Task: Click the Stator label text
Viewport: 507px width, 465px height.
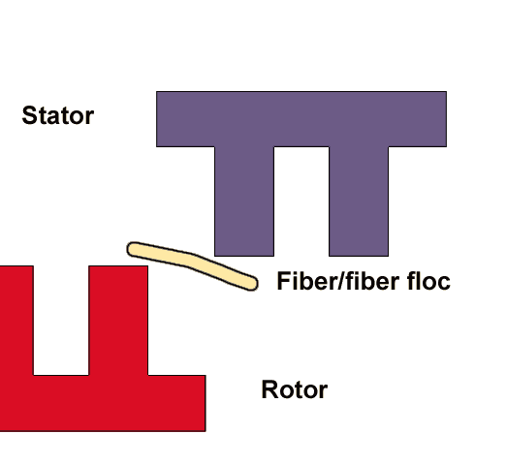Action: [x=58, y=115]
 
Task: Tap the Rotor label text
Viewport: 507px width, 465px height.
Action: [x=295, y=389]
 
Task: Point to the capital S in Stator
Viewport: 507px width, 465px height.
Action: [x=29, y=115]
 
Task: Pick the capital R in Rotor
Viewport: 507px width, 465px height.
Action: [x=269, y=389]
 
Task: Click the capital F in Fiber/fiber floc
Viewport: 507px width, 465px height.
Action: [x=284, y=281]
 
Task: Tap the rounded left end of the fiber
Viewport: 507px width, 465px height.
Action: [x=130, y=249]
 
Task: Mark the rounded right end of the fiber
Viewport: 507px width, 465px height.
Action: [x=254, y=284]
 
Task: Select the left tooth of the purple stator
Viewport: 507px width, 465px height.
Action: [x=244, y=201]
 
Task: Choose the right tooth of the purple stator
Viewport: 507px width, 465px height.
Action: [x=359, y=201]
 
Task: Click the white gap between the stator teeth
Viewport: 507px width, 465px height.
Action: [x=301, y=201]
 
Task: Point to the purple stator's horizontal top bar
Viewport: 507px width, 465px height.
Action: [x=301, y=119]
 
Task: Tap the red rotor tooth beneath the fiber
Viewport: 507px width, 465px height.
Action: [x=118, y=321]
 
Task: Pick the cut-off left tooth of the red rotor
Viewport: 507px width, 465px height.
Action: [x=16, y=321]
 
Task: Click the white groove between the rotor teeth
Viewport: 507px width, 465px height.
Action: [x=61, y=321]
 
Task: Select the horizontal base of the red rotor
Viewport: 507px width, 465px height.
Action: [x=103, y=403]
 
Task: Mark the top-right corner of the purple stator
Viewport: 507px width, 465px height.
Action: [x=447, y=91]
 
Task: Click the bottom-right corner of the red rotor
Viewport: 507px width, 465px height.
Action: [x=206, y=431]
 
